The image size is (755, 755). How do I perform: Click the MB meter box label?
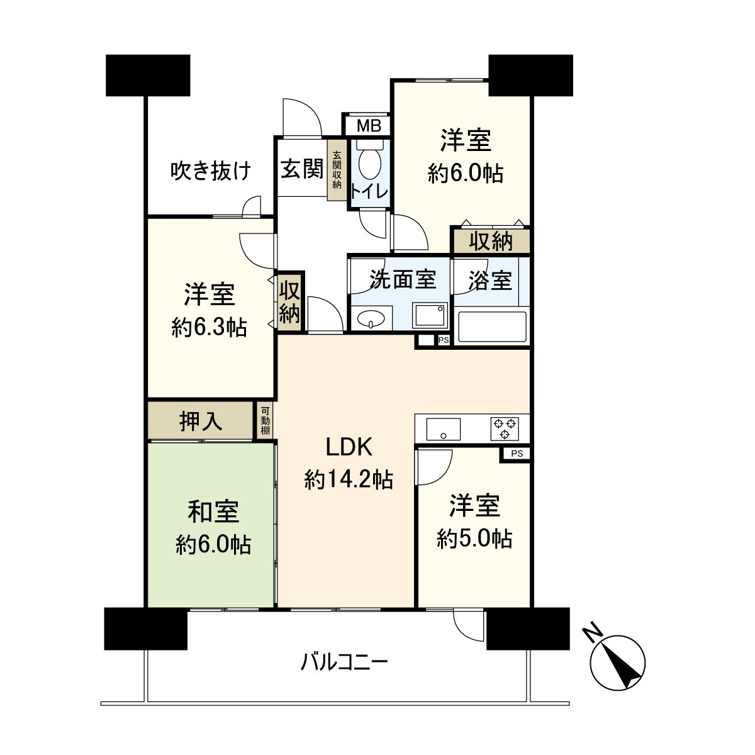369,126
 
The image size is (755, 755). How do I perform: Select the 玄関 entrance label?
301,169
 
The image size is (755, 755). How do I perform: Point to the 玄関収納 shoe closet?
337,170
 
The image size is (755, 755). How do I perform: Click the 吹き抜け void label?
211,171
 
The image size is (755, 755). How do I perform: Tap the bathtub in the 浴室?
491,327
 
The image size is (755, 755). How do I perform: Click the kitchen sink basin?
443,429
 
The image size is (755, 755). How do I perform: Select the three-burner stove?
505,428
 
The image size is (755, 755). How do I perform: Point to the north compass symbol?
618,663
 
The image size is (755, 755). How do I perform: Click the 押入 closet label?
201,421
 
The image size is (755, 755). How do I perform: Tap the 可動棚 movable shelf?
266,421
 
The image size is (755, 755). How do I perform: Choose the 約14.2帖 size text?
349,480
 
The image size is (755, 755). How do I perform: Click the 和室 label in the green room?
213,512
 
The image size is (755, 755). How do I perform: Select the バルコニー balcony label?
344,662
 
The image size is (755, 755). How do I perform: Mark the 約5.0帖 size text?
474,539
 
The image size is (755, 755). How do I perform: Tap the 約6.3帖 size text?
209,327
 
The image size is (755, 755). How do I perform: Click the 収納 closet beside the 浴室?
491,241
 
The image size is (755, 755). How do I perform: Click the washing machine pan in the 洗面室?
430,315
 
